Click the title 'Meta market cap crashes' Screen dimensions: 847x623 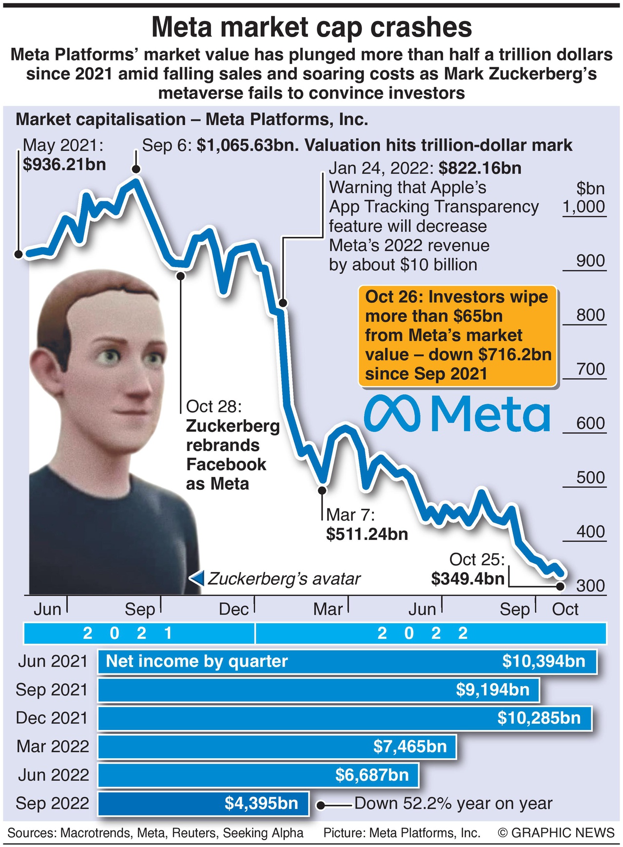click(311, 27)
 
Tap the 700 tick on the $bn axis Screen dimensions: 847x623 click(590, 369)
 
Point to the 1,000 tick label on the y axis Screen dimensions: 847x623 click(584, 207)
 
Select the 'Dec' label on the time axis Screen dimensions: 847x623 click(234, 609)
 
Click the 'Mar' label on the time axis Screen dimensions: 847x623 click(328, 609)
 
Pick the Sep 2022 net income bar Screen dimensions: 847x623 click(203, 803)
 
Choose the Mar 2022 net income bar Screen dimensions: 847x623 click(277, 747)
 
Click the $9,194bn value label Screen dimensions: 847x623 click(492, 690)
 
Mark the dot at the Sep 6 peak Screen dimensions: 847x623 click(136, 169)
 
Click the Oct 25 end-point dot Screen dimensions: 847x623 click(560, 585)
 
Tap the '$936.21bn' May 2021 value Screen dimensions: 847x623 click(64, 164)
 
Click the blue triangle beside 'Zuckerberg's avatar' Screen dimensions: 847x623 click(196, 578)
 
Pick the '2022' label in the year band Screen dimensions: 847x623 click(422, 633)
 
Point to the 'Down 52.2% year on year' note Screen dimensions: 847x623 click(453, 804)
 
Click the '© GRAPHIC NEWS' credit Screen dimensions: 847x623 click(556, 833)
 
